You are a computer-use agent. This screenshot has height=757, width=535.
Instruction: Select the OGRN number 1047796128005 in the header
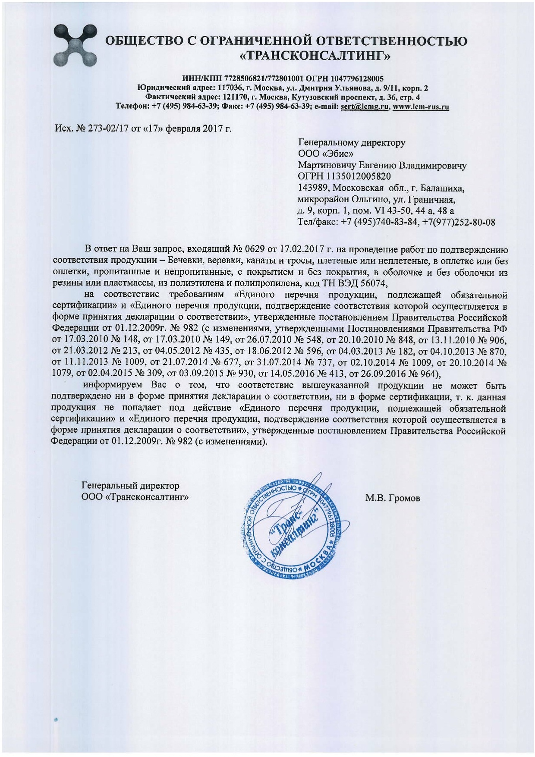[357, 79]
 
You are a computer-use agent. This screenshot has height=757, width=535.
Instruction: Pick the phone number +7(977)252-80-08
[458, 223]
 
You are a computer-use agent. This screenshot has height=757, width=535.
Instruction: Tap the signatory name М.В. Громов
[393, 499]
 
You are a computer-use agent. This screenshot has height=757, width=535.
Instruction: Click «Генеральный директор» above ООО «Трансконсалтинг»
[130, 486]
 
